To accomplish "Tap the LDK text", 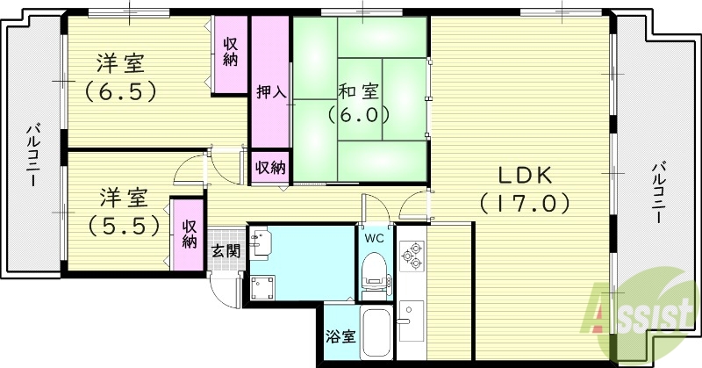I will [525, 173].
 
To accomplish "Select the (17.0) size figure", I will [526, 204].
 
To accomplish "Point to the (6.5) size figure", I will [120, 90].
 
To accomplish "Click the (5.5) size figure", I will [124, 224].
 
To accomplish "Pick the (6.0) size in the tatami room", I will [358, 114].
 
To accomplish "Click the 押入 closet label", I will [270, 91].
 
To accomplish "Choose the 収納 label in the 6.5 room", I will [231, 52].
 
